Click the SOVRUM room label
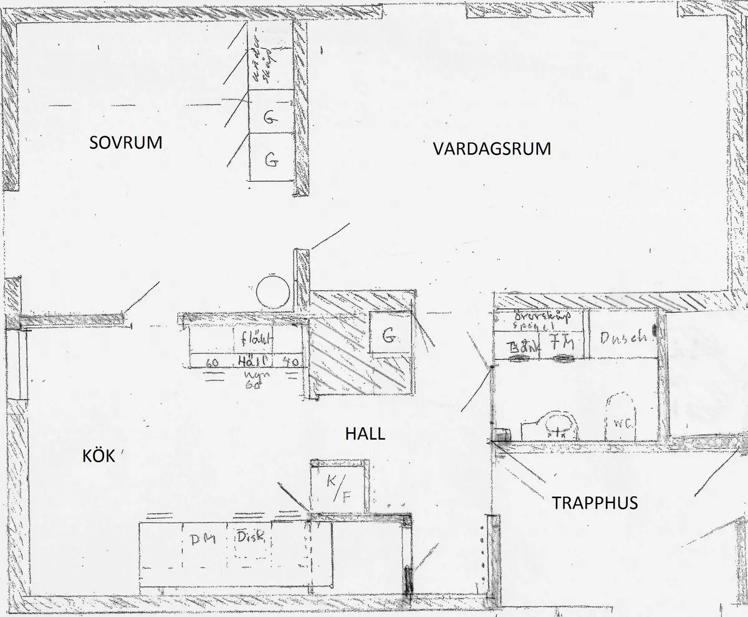[126, 143]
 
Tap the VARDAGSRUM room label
[492, 149]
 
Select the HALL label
[365, 434]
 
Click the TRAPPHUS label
[595, 502]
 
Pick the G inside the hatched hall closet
[389, 337]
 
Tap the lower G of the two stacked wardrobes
[271, 159]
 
